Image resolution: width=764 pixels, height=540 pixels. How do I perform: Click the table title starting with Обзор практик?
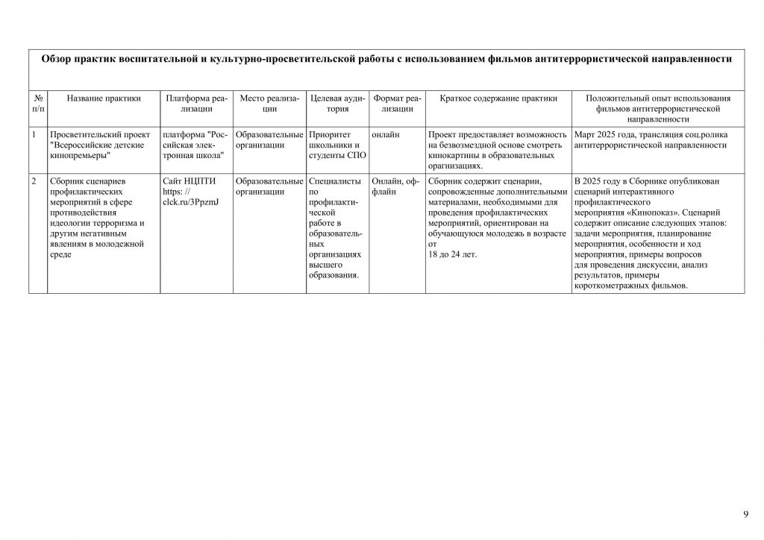coord(386,59)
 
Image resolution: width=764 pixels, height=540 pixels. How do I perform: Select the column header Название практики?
coord(104,98)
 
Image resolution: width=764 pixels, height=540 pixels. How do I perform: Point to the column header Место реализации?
coord(269,103)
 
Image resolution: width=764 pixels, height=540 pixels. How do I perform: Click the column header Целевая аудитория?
coord(337,103)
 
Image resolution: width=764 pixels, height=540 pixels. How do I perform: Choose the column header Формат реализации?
coord(397,103)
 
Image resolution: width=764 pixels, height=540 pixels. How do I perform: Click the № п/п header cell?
coord(38,103)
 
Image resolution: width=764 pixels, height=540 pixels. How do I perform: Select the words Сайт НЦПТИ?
coord(184,181)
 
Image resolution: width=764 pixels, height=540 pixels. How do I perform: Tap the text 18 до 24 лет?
coord(454,254)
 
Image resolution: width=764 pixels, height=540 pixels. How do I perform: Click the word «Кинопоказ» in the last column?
coord(665,212)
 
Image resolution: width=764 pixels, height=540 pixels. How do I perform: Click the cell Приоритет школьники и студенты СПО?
coord(336,145)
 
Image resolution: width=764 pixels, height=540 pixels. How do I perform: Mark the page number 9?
coord(745,514)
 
